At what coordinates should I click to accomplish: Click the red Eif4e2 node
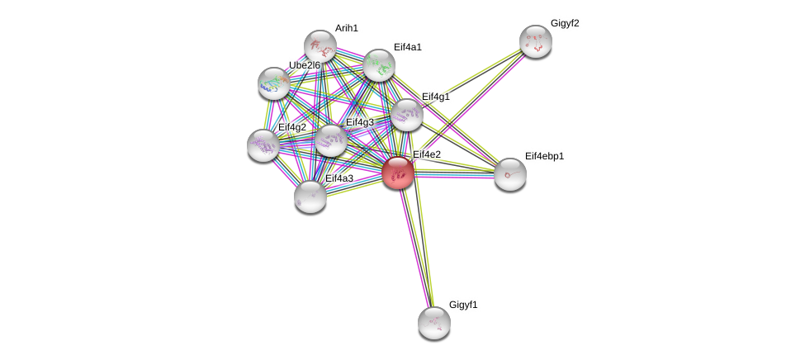click(x=398, y=173)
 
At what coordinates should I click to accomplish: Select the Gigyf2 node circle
click(x=535, y=41)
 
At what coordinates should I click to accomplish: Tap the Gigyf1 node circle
click(x=433, y=322)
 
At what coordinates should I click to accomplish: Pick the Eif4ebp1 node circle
click(x=509, y=174)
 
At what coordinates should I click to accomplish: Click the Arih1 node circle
click(x=320, y=46)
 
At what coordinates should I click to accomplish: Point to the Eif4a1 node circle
click(x=379, y=65)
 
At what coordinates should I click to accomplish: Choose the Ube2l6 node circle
click(x=273, y=83)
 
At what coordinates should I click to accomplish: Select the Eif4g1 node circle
click(x=406, y=115)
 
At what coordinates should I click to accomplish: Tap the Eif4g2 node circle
click(x=263, y=145)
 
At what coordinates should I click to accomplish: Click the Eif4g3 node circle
click(x=331, y=140)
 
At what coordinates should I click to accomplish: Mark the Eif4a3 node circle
click(x=310, y=196)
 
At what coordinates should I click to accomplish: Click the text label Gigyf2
click(x=565, y=23)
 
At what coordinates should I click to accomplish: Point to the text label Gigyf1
click(x=463, y=305)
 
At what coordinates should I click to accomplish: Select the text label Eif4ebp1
click(x=544, y=156)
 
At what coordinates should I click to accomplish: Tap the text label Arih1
click(x=347, y=28)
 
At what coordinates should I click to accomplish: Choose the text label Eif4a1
click(x=407, y=47)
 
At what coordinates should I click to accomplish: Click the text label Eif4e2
click(x=427, y=154)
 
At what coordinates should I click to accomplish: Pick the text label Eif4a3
click(x=339, y=178)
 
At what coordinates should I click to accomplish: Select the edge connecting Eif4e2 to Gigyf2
click(x=466, y=107)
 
